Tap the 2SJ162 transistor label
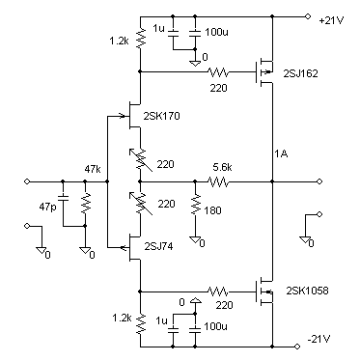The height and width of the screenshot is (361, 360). coord(305,72)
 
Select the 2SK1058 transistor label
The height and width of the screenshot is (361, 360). coord(308,292)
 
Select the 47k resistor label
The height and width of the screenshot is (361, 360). coord(94,168)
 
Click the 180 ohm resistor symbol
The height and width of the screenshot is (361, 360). coord(195,206)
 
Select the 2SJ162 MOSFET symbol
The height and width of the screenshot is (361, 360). coord(263,71)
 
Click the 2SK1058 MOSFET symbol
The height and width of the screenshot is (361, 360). coord(263,290)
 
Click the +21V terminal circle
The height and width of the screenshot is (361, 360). coord(308,15)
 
